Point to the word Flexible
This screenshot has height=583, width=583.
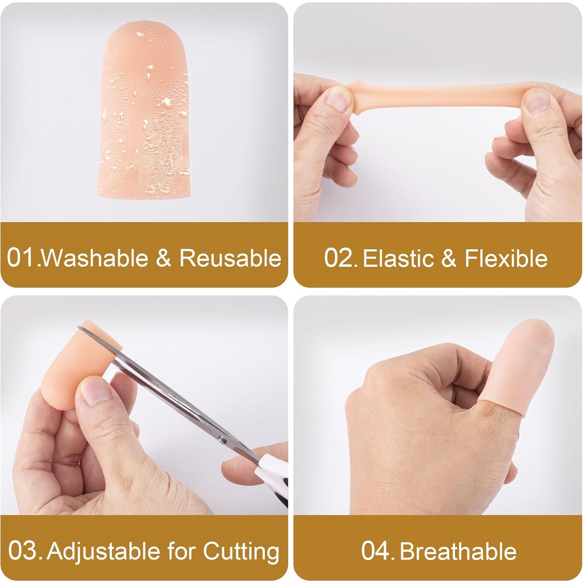click(506, 258)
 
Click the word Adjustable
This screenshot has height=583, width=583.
click(103, 551)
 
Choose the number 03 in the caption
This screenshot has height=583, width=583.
click(23, 551)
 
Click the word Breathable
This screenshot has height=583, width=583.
click(458, 551)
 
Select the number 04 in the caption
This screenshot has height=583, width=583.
click(376, 551)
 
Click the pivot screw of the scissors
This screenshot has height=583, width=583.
click(223, 440)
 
